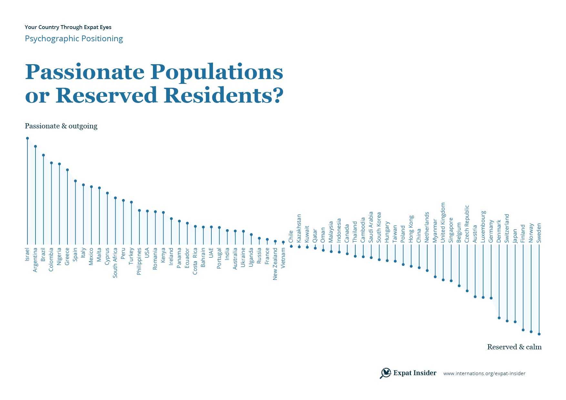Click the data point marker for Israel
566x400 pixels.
27,138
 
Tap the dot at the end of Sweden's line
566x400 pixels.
539,334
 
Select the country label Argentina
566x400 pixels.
35,260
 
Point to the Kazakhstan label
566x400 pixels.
299,228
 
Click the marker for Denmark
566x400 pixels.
499,318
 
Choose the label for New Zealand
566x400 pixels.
275,264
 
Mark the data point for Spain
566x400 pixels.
76,181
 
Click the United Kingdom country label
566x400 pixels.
443,223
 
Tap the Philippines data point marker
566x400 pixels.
139,210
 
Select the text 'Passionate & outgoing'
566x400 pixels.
61,126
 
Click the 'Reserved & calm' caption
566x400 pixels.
514,347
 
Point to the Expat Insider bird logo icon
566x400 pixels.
385,373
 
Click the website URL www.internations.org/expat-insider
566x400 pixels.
484,374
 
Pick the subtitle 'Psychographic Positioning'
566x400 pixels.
74,39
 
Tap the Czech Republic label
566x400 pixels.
467,224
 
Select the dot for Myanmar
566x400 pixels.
435,277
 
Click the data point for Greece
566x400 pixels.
67,170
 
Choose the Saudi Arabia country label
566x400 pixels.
371,227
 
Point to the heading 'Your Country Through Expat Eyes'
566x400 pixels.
68,27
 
